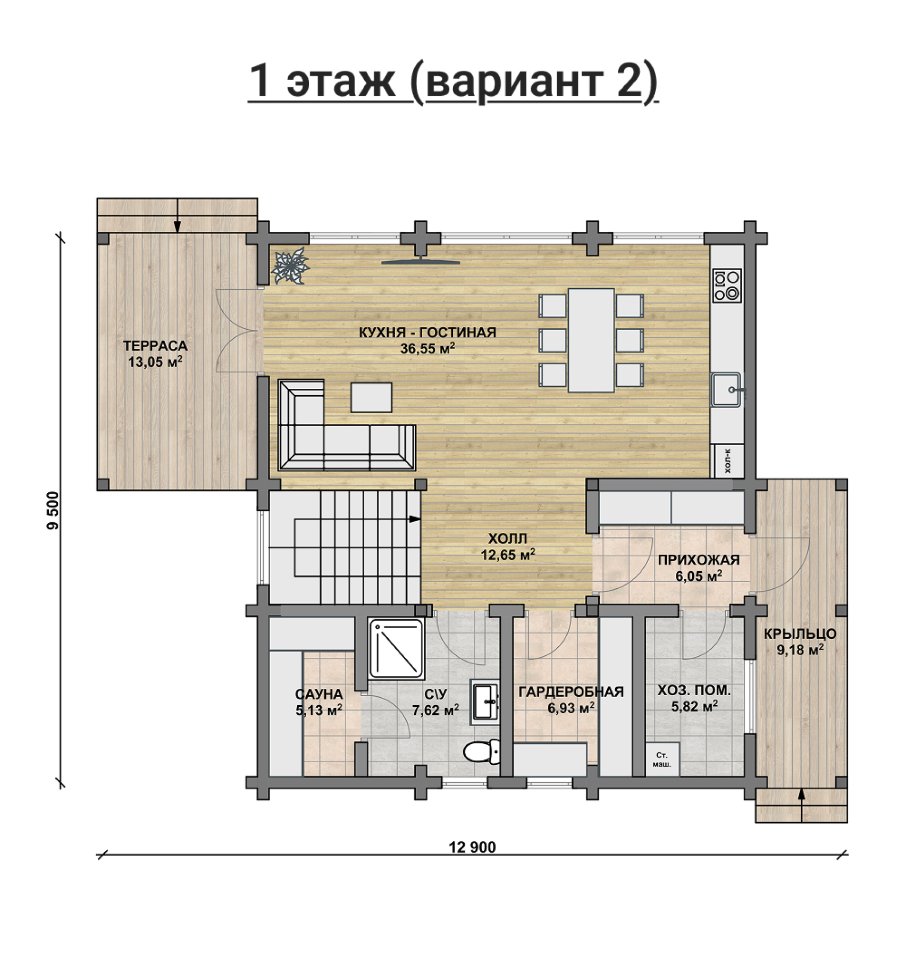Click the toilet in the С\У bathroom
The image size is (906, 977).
(x=482, y=752)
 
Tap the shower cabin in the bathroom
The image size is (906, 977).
(x=397, y=648)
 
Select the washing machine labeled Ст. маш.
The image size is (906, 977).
(x=661, y=759)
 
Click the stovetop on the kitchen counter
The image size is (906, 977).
(x=727, y=286)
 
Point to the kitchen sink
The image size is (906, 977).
(x=726, y=390)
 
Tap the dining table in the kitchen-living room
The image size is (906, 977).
(x=591, y=340)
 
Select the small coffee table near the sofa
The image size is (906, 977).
(x=371, y=397)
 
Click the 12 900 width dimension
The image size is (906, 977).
(x=472, y=847)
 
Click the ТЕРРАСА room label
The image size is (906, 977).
(x=155, y=346)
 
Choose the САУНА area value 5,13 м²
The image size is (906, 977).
(x=318, y=710)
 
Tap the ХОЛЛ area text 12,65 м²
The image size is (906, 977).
(x=508, y=555)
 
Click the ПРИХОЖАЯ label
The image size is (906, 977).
(x=699, y=560)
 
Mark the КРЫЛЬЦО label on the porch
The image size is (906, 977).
(x=800, y=634)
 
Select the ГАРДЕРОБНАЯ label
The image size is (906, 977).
(x=571, y=692)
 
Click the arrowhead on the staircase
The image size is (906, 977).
(x=415, y=520)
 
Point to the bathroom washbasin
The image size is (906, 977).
(x=485, y=702)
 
